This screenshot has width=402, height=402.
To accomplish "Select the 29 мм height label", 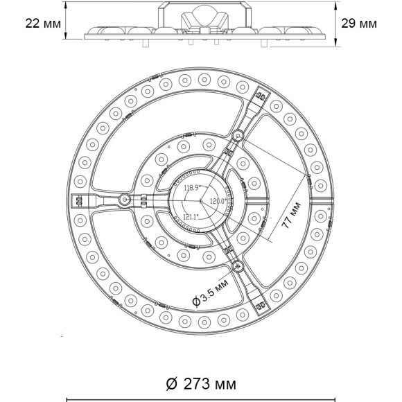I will pyautogui.click(x=360, y=23).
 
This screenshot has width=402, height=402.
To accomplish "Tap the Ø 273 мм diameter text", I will pyautogui.click(x=200, y=383).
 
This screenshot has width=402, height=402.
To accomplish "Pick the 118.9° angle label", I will pyautogui.click(x=191, y=188).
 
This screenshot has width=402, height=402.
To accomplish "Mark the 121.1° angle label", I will pyautogui.click(x=191, y=216).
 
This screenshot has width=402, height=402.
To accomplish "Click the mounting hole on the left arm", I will pyautogui.click(x=123, y=200).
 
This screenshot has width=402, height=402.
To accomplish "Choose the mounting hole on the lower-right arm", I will pyautogui.click(x=238, y=265).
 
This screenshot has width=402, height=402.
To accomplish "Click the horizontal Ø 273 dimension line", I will pyautogui.click(x=200, y=399).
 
